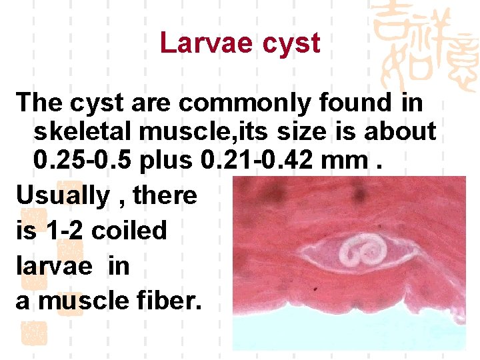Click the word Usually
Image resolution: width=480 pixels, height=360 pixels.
(62, 196)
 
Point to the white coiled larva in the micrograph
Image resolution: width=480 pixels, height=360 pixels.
(361, 253)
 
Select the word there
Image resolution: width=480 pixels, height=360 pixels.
(165, 196)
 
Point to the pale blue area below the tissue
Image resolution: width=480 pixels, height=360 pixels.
(347, 330)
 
